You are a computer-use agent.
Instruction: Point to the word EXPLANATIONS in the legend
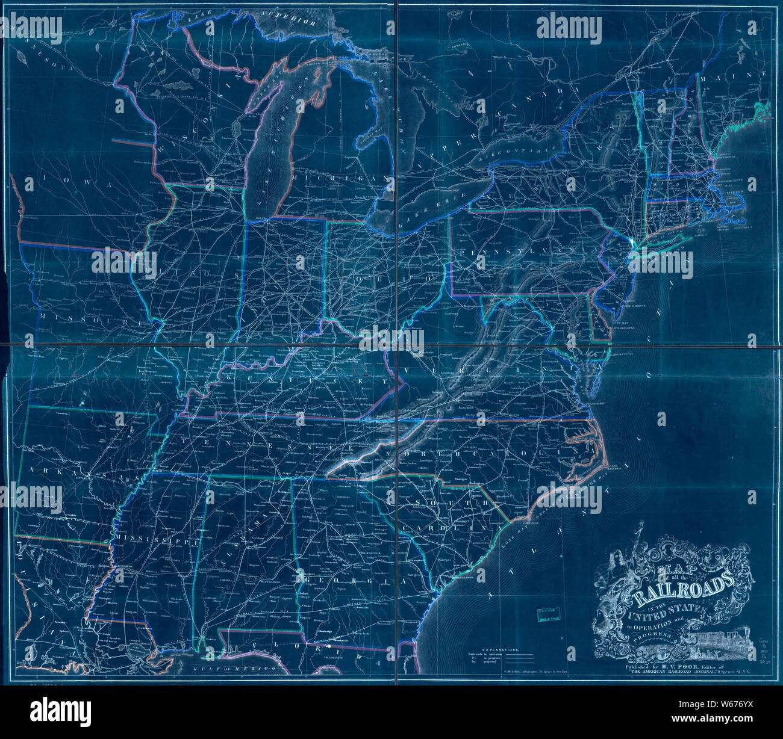[495, 651]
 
